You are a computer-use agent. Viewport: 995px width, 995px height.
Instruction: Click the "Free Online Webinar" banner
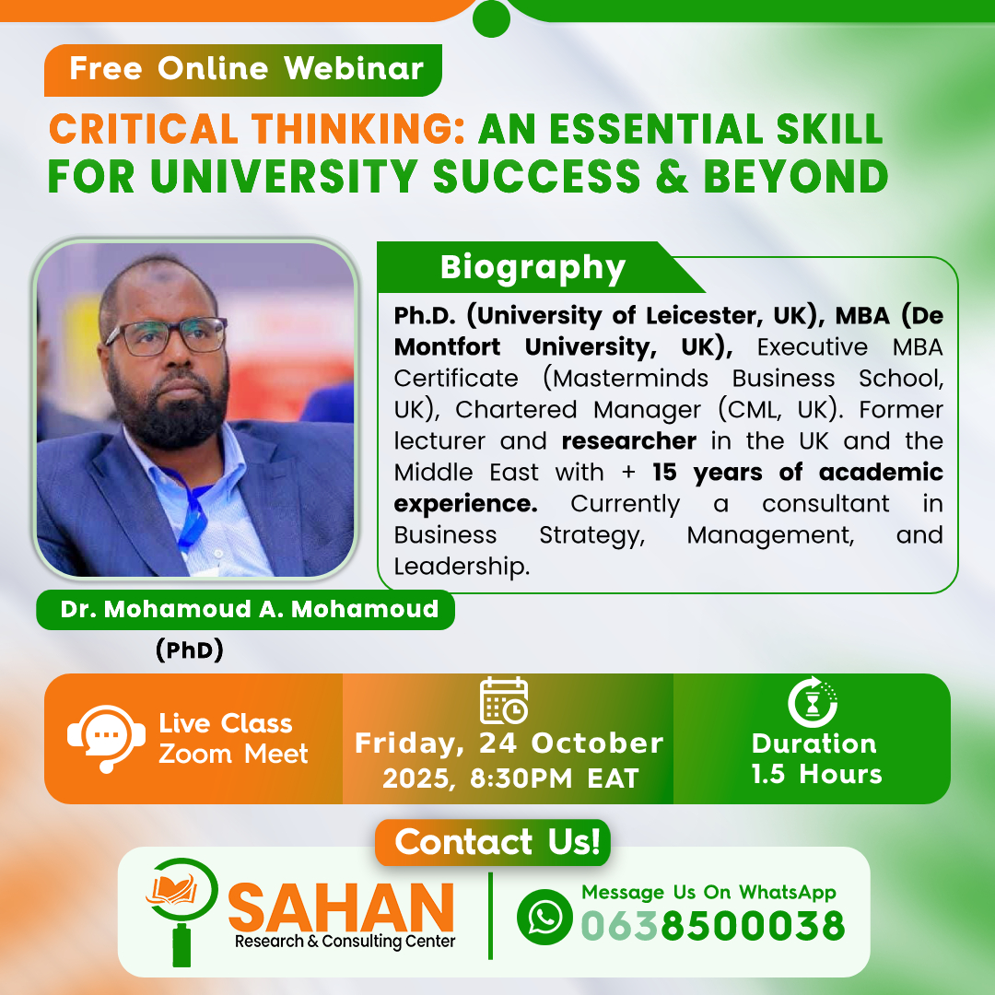(245, 69)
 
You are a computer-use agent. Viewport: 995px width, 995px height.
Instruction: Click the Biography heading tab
(533, 267)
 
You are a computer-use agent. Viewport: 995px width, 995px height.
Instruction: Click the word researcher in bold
(628, 440)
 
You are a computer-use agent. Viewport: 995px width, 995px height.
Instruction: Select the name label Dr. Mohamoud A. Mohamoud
(249, 610)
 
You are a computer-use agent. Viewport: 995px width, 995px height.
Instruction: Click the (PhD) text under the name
(190, 650)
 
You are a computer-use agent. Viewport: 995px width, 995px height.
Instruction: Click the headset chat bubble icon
(106, 738)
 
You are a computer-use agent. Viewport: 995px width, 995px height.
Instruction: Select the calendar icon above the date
(504, 700)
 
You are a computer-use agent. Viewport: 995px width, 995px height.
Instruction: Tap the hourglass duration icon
(813, 702)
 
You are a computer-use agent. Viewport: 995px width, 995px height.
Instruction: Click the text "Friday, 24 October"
(509, 743)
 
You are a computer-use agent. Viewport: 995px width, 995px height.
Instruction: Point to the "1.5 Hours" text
(816, 774)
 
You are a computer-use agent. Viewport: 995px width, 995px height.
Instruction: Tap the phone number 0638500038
(712, 925)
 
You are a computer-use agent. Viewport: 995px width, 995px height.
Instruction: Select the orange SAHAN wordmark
(340, 907)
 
